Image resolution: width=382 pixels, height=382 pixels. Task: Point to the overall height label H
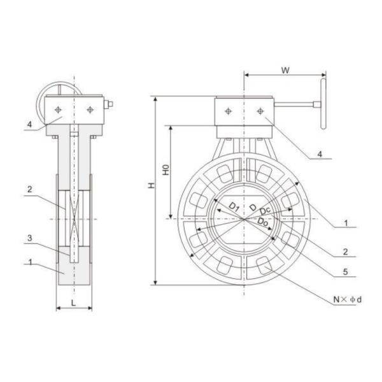coord(150,185)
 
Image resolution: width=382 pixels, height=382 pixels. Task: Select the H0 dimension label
coord(164,170)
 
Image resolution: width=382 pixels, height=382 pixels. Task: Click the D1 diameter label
coord(234,206)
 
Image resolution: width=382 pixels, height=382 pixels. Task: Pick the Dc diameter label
coord(265,211)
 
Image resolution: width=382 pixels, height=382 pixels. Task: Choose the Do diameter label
coord(263,221)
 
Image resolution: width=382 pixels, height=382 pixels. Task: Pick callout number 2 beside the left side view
coord(29,189)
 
